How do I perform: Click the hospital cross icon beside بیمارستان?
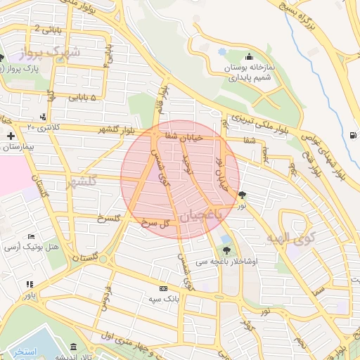coord(11,135)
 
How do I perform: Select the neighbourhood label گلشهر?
coord(80,183)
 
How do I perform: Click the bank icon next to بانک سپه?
coord(163,288)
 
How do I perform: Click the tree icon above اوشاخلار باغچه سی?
coord(226,249)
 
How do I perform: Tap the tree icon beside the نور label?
coord(243,195)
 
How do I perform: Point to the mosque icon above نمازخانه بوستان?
coord(248,57)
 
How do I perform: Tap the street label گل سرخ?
coord(157,223)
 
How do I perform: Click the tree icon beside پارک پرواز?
coord(2,58)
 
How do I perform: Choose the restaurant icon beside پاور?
coord(29,284)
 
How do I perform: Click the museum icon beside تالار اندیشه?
coord(74,347)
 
